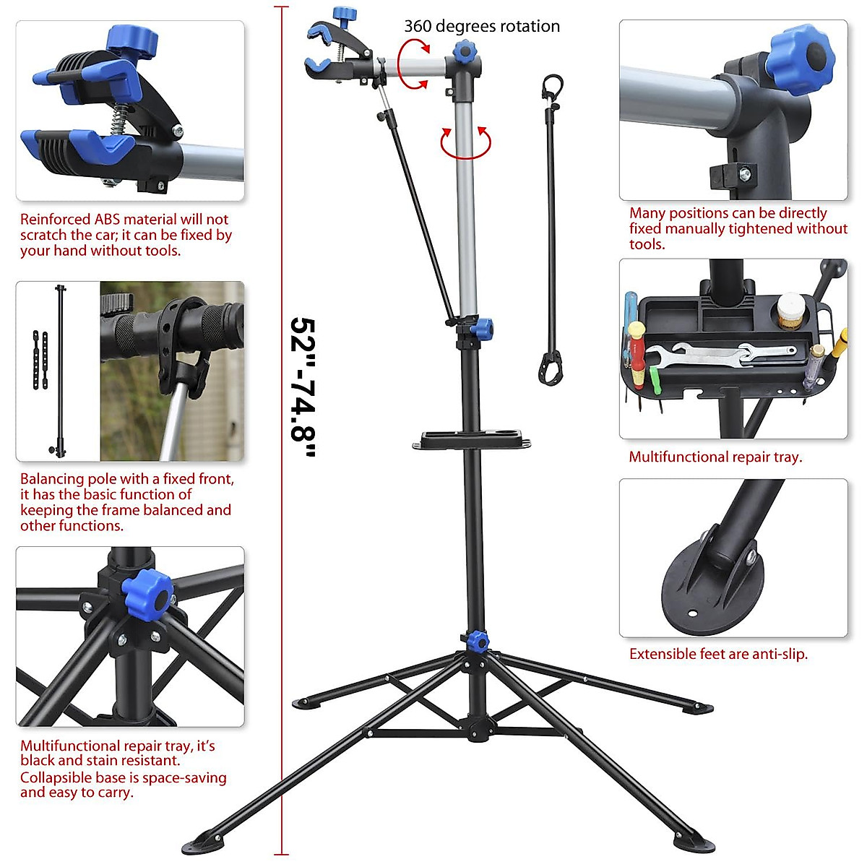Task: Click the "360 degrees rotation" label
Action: pyautogui.click(x=481, y=26)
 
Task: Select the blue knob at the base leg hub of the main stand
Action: pyautogui.click(x=477, y=640)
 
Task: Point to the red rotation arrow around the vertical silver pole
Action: pyautogui.click(x=465, y=143)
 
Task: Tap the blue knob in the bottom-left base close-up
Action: pyautogui.click(x=147, y=591)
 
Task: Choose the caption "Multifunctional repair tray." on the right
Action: pyautogui.click(x=715, y=457)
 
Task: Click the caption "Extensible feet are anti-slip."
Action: pyautogui.click(x=718, y=654)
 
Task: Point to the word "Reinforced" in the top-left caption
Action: pyautogui.click(x=55, y=219)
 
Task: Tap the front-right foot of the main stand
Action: pyautogui.click(x=693, y=840)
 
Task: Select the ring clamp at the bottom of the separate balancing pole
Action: pyautogui.click(x=550, y=367)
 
